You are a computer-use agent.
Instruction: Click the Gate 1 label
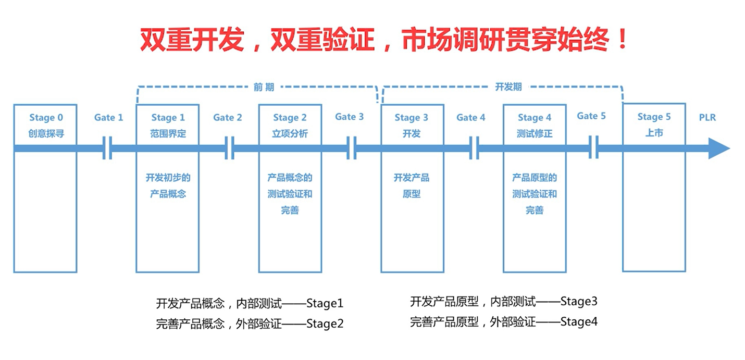(109, 117)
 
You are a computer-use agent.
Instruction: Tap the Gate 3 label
(349, 117)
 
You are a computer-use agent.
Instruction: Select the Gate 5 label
(591, 116)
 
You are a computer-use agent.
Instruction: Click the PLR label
(707, 117)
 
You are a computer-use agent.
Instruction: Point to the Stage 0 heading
(46, 117)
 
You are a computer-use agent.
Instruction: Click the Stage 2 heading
(290, 117)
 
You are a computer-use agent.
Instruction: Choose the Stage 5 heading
(654, 117)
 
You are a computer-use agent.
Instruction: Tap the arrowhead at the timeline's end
(719, 148)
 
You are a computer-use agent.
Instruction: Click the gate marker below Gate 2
(229, 148)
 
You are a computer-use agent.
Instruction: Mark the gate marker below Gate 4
(474, 148)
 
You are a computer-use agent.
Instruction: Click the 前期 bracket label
(264, 87)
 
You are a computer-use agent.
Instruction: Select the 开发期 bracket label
(508, 87)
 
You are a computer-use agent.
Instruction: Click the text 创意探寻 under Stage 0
(46, 133)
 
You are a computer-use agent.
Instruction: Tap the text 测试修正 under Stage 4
(535, 133)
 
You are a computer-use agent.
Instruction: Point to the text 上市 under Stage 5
(654, 133)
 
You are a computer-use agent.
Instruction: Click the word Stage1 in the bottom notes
(325, 303)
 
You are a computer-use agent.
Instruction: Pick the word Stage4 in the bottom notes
(579, 322)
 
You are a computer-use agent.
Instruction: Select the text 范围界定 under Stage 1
(168, 133)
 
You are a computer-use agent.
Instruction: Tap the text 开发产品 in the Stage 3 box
(412, 178)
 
